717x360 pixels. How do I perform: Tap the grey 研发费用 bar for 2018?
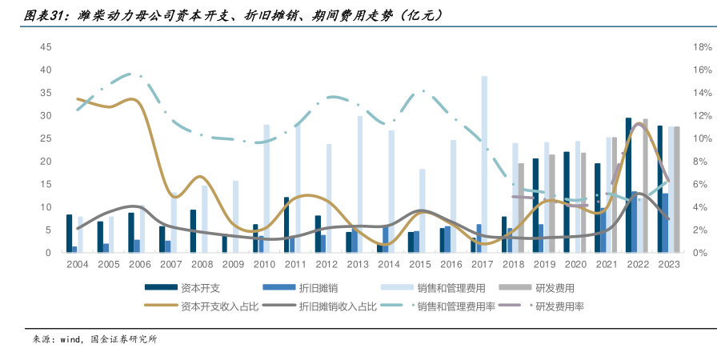521,208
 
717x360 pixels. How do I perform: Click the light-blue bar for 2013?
360,184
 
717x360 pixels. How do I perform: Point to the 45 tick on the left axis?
46,47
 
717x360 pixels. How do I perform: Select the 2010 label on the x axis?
264,264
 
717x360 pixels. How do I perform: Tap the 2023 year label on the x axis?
668,264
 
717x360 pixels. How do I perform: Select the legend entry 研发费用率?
559,306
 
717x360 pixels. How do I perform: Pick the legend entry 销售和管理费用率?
457,306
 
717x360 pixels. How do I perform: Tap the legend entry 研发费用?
554,287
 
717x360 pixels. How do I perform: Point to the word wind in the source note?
70,339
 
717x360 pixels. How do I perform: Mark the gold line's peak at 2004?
78,99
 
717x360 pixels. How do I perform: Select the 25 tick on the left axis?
46,138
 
